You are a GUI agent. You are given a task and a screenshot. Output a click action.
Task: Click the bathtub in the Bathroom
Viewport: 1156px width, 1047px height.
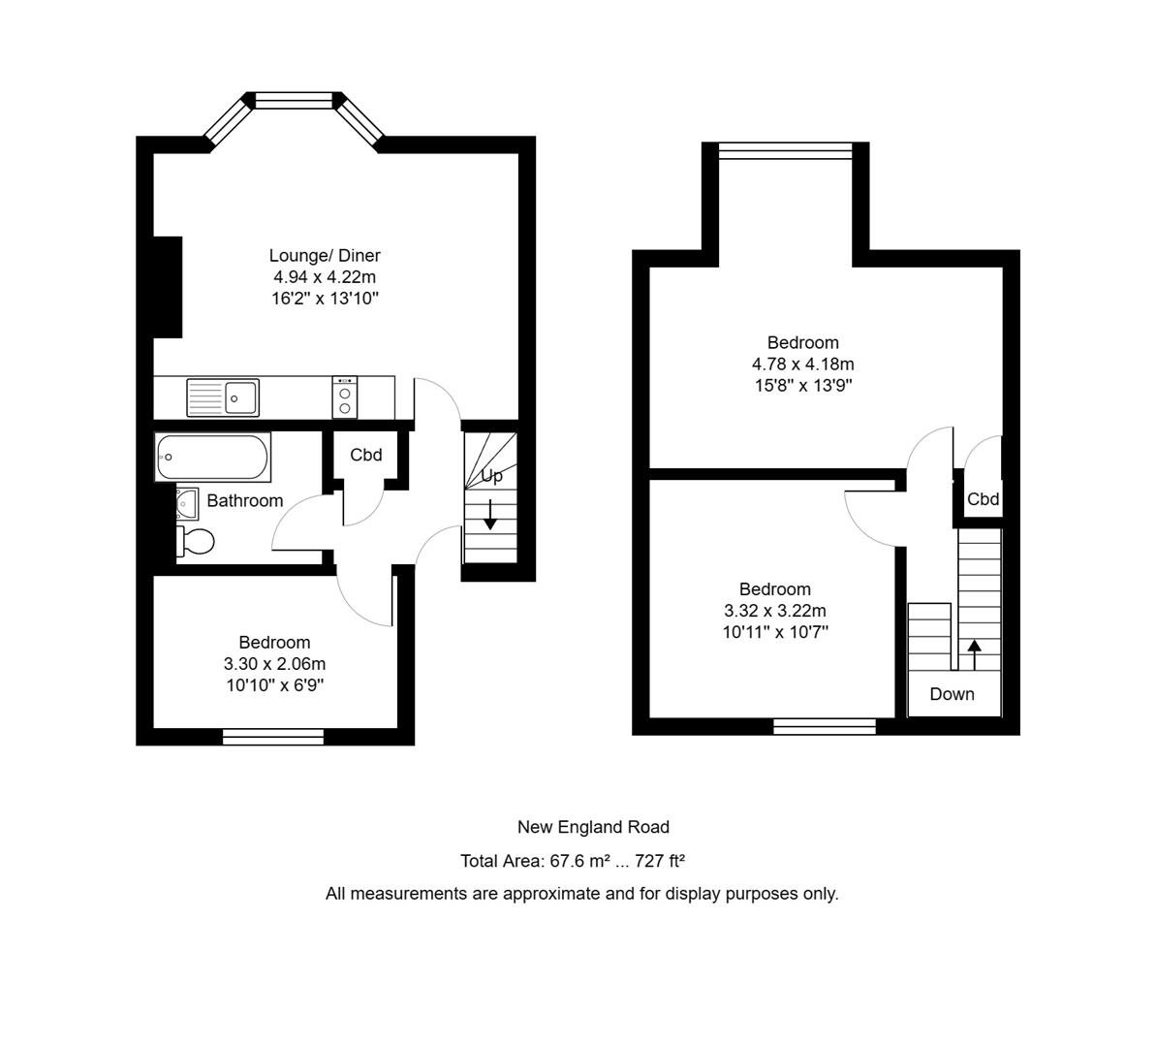pos(212,458)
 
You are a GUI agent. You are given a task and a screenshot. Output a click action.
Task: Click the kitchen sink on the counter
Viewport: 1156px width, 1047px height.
pos(223,397)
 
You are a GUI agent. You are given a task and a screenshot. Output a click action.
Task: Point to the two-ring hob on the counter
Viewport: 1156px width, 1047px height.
pos(345,397)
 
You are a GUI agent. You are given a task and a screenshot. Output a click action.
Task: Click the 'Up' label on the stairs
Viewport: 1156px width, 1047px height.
pos(491,476)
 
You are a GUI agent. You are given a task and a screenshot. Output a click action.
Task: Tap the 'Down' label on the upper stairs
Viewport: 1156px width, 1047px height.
pos(952,694)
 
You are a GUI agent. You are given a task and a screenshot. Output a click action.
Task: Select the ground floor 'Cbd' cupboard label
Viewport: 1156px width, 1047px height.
pos(366,455)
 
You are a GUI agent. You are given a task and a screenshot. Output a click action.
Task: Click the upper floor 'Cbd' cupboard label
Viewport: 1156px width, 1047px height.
pos(983,500)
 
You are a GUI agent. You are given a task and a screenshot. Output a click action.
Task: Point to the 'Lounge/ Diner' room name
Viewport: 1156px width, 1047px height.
pos(325,256)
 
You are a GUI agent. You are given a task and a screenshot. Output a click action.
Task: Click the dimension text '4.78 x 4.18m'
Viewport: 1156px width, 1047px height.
pos(802,365)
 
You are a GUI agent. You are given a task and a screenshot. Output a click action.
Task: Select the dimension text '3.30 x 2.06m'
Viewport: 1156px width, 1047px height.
pos(274,664)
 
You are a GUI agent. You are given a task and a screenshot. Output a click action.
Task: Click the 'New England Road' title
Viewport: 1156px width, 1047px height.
pos(593,827)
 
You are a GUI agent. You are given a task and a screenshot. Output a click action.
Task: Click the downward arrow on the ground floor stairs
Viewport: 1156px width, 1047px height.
pos(490,515)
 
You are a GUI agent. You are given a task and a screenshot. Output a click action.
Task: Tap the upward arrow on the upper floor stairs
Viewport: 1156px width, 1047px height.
pos(974,653)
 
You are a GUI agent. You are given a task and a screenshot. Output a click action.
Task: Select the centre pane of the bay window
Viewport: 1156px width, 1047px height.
pos(294,99)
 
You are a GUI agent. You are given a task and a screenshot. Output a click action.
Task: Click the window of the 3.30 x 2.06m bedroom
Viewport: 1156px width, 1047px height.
pos(273,737)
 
